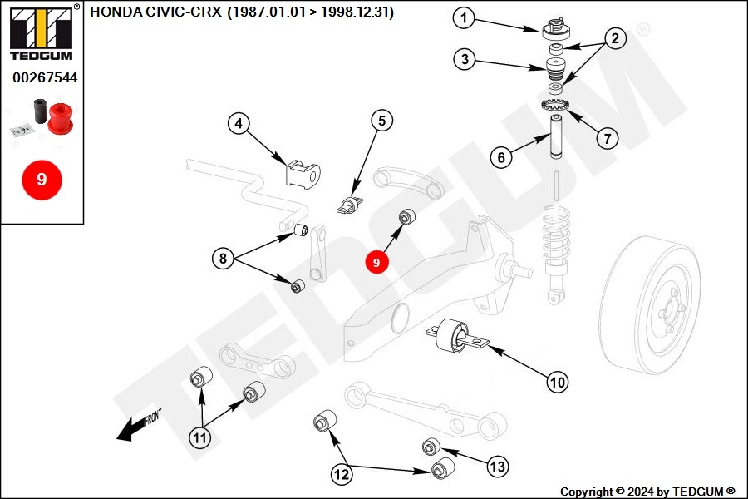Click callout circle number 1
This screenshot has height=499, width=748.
pyautogui.click(x=465, y=17)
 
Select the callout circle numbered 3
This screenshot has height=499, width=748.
pyautogui.click(x=465, y=59)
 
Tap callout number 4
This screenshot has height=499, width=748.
pyautogui.click(x=239, y=124)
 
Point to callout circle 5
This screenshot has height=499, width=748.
pyautogui.click(x=381, y=121)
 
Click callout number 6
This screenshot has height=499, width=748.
pyautogui.click(x=500, y=156)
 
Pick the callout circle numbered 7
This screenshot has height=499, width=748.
pyautogui.click(x=608, y=137)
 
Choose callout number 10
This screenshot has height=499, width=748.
pyautogui.click(x=557, y=382)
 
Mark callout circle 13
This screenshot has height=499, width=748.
pyautogui.click(x=497, y=467)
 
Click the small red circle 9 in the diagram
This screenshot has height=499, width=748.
pyautogui.click(x=376, y=262)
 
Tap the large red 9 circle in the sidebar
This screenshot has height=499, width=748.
pyautogui.click(x=42, y=179)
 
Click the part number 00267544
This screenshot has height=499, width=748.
pyautogui.click(x=44, y=77)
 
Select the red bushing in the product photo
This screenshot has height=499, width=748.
pyautogui.click(x=60, y=117)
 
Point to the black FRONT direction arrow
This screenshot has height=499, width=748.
pyautogui.click(x=130, y=427)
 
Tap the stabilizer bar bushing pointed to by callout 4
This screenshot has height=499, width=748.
pyautogui.click(x=303, y=173)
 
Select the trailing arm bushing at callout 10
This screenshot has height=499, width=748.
pyautogui.click(x=455, y=336)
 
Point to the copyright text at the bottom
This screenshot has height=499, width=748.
pyautogui.click(x=647, y=492)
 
